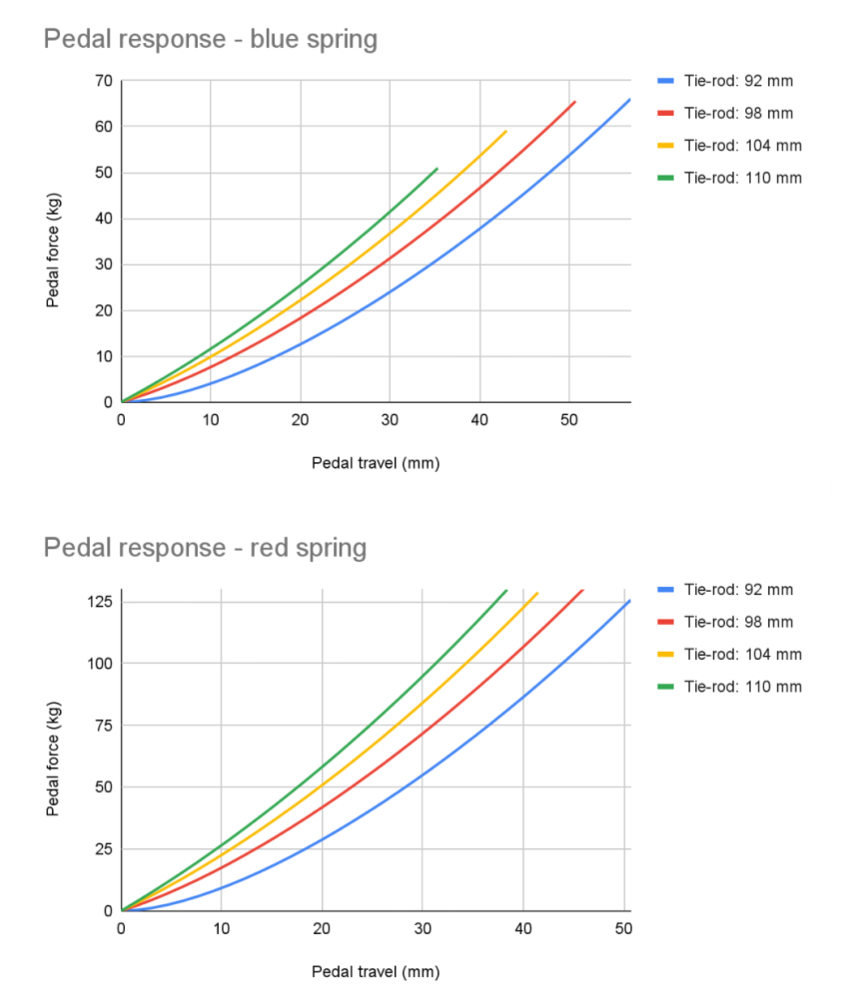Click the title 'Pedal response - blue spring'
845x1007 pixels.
pyautogui.click(x=210, y=40)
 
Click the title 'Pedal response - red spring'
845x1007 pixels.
pyautogui.click(x=205, y=548)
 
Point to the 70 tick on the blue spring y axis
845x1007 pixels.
pyautogui.click(x=101, y=81)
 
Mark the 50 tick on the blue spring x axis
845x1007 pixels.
pyautogui.click(x=568, y=420)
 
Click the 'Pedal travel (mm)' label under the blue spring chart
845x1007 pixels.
pyautogui.click(x=376, y=463)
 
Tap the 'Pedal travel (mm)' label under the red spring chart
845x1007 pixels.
pyautogui.click(x=376, y=971)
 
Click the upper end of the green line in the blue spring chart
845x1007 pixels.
pyautogui.click(x=437, y=169)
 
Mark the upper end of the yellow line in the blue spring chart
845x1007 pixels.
pyautogui.click(x=506, y=131)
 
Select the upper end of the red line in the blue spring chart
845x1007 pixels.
pyautogui.click(x=574, y=102)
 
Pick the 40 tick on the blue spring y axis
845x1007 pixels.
pyautogui.click(x=101, y=219)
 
